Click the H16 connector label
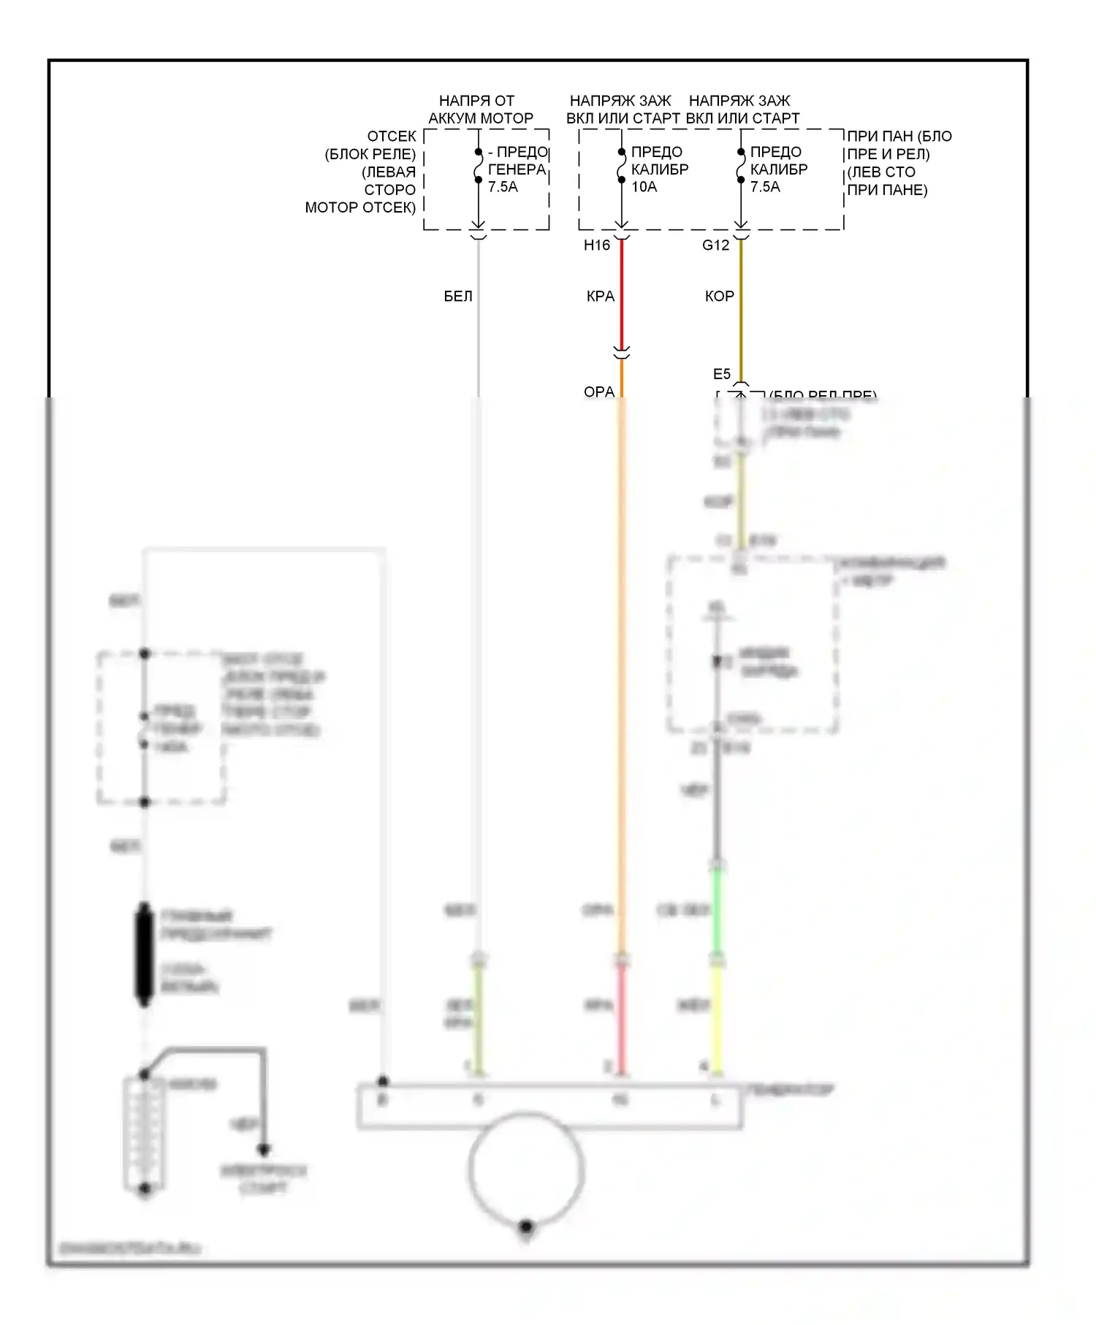click(x=596, y=245)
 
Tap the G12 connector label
click(x=715, y=245)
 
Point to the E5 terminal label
click(x=721, y=374)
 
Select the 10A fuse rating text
click(x=644, y=187)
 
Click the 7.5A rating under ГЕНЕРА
click(x=503, y=187)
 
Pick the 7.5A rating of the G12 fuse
click(x=765, y=187)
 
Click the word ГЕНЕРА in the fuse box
click(x=517, y=169)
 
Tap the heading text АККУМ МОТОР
click(x=481, y=118)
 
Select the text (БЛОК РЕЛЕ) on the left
click(x=370, y=154)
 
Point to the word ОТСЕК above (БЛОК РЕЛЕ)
click(x=392, y=137)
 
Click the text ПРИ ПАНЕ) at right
click(x=887, y=190)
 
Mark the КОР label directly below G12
click(x=719, y=297)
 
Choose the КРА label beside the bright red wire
click(x=600, y=297)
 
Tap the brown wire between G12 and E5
click(x=741, y=307)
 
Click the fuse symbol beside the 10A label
click(x=621, y=167)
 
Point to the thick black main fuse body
click(x=145, y=954)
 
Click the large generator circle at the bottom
click(x=525, y=1169)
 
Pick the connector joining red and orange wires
click(x=622, y=354)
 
